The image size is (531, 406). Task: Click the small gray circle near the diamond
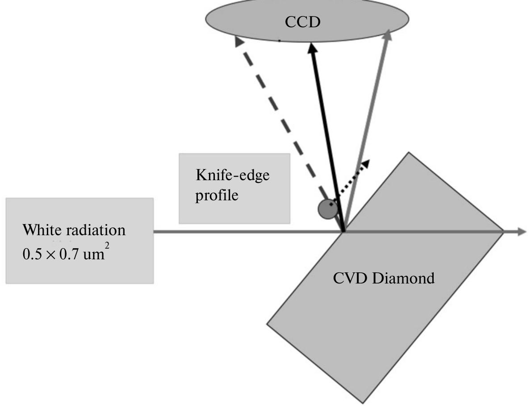click(327, 209)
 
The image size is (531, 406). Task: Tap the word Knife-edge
click(233, 176)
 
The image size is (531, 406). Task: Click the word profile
click(217, 195)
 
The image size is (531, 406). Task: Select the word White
click(41, 231)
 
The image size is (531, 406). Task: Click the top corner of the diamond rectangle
click(408, 153)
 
